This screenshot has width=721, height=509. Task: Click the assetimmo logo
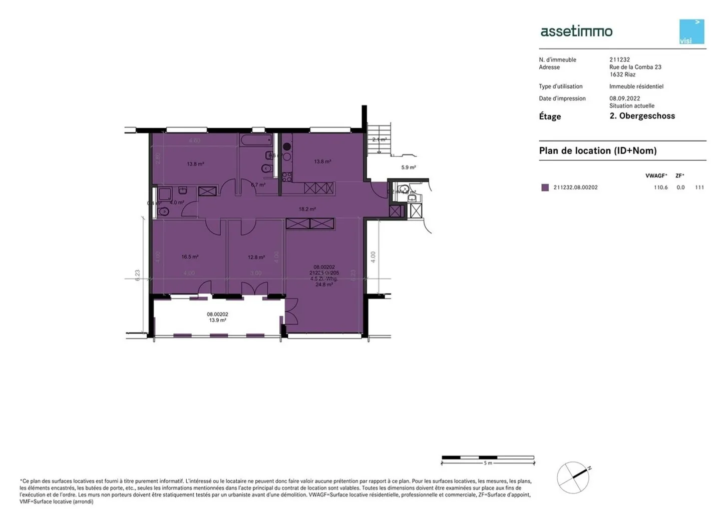[x=576, y=31]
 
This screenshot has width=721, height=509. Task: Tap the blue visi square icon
[x=691, y=31]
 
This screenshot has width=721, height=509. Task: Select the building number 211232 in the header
[x=619, y=59]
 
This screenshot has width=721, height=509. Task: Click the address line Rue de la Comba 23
[x=635, y=67]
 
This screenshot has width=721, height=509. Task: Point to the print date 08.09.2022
[x=624, y=98]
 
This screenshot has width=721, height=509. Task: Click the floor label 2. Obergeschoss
[x=642, y=116]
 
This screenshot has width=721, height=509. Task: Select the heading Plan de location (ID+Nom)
[x=597, y=150]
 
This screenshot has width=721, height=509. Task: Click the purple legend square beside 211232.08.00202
[x=545, y=187]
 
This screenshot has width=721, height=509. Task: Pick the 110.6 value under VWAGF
[x=660, y=187]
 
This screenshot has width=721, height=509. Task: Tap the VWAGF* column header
[x=656, y=176]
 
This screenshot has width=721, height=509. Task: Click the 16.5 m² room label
[x=190, y=257]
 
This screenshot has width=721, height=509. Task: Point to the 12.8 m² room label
[x=256, y=257]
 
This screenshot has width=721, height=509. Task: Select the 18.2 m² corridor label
[x=307, y=209]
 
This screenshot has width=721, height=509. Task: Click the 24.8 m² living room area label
[x=324, y=284]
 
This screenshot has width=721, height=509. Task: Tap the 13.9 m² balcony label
[x=217, y=320]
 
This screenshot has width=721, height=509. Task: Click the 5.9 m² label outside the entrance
[x=409, y=167]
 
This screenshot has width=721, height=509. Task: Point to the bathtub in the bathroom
[x=255, y=139]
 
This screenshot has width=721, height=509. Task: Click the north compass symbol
[x=574, y=477]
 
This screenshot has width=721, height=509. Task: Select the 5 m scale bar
[x=488, y=457]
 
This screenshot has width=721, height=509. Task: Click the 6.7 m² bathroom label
[x=258, y=184]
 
